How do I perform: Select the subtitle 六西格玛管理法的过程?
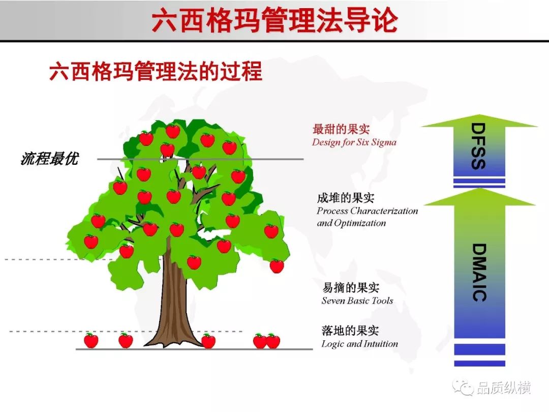coord(156,71)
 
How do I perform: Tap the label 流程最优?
coord(50,158)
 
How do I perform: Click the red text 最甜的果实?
coord(341,129)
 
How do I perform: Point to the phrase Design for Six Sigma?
coord(354,142)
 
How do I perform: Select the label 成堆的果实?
coord(346,198)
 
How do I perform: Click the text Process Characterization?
coord(368,211)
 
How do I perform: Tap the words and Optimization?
coord(351,223)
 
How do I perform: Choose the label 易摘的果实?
coord(351,287)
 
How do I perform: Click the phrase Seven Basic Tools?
coord(357,301)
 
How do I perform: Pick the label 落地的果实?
coord(350,331)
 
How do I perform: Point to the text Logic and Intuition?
coord(359,344)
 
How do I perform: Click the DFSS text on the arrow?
coord(478,146)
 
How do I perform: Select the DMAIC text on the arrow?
coord(479,273)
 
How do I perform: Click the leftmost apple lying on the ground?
coord(91,340)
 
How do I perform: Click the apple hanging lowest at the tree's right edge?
coord(277,266)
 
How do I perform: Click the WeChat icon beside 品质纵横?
coord(463,387)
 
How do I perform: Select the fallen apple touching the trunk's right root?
coord(208,341)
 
